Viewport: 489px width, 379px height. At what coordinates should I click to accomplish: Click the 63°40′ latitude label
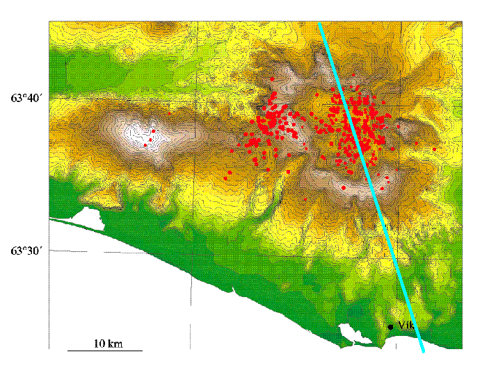tap(26, 99)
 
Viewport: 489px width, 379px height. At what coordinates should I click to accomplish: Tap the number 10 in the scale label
tap(99, 343)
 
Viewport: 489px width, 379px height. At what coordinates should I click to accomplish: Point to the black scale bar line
tap(104, 350)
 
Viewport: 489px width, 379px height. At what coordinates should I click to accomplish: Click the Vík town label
tap(407, 326)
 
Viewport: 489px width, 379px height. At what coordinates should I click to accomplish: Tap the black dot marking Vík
tap(391, 326)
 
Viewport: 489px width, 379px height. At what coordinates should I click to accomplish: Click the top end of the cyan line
tap(319, 23)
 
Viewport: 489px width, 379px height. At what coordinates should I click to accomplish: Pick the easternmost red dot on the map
tap(434, 149)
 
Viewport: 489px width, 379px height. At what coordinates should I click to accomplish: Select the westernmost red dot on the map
tap(145, 145)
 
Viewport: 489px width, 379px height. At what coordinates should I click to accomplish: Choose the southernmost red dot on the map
tap(305, 199)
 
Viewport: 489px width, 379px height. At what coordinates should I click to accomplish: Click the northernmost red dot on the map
tap(353, 74)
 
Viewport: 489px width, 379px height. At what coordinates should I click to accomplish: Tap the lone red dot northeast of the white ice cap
tap(169, 113)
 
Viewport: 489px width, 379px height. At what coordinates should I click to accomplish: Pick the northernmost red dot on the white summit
tap(154, 130)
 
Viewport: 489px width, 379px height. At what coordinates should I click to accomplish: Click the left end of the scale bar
tap(67, 350)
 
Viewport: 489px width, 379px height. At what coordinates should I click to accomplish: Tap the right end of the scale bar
tap(142, 350)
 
